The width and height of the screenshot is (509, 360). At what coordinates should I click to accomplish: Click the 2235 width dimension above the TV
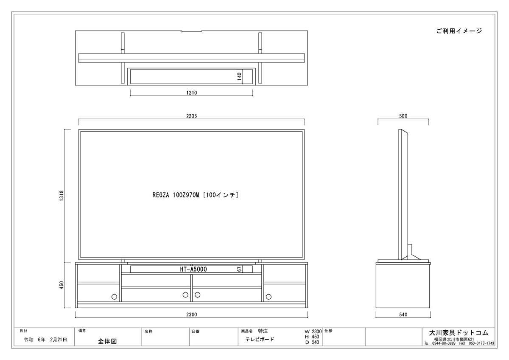[x=191, y=116]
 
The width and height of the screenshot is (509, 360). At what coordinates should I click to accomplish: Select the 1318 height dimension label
[x=62, y=196]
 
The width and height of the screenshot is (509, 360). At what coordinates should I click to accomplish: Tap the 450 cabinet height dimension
[x=62, y=285]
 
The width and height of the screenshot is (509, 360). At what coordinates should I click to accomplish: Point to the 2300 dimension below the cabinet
[x=191, y=315]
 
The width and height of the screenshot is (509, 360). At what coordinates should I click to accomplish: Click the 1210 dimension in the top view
[x=192, y=93]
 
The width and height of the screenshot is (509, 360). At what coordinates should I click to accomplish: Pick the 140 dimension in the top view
[x=239, y=76]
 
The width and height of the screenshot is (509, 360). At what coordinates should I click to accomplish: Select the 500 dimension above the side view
[x=403, y=116]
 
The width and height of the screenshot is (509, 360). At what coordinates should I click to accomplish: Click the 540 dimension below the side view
[x=403, y=315]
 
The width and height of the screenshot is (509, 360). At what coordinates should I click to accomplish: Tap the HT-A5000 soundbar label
[x=193, y=269]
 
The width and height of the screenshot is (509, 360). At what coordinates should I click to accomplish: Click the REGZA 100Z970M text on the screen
[x=176, y=195]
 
